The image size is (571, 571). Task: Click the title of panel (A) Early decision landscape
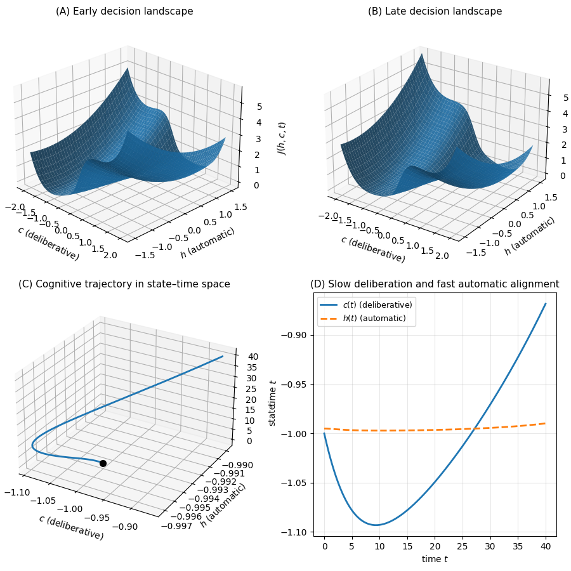click(124, 11)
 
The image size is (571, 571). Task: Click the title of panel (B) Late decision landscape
click(435, 11)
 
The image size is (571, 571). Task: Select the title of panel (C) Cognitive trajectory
click(124, 284)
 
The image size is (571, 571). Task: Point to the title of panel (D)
click(435, 284)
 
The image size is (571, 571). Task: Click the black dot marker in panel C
click(103, 463)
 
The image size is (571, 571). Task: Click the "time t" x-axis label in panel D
click(435, 559)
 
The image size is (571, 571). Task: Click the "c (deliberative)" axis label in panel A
click(48, 243)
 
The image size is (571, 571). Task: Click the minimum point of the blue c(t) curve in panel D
click(376, 525)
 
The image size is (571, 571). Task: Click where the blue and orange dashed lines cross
click(475, 428)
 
